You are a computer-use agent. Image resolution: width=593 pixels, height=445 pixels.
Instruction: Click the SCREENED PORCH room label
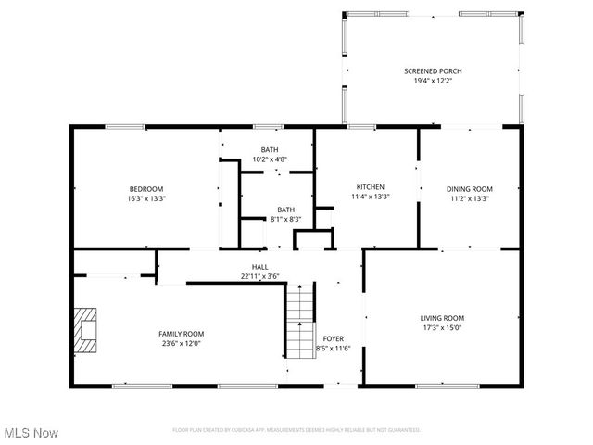pos(433,71)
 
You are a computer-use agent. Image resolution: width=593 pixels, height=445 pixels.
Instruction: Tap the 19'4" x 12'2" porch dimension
pos(433,82)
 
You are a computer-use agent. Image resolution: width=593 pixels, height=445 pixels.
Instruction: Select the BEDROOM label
pos(146,188)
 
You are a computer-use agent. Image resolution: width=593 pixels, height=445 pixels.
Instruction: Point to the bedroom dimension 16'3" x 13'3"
pos(146,198)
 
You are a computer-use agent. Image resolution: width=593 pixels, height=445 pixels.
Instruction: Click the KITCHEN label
pos(370,186)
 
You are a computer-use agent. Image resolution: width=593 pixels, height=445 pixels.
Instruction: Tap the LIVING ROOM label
pos(441,317)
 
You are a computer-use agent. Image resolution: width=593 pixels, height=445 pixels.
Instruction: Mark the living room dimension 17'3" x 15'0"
pos(441,327)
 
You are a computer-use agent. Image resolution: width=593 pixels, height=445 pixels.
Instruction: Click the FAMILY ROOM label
pos(182,333)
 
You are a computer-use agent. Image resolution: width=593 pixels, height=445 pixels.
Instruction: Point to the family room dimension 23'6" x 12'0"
pos(182,343)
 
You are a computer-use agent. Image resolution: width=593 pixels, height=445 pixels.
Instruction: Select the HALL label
pos(259,266)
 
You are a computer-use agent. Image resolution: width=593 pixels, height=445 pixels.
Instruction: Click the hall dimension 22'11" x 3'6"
pos(259,276)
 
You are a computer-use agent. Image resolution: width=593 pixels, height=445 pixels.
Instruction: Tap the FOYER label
pos(333,338)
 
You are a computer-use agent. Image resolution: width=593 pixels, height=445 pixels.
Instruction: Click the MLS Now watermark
pos(31,433)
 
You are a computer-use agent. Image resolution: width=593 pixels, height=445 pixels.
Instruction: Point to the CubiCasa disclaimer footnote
pos(296,429)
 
